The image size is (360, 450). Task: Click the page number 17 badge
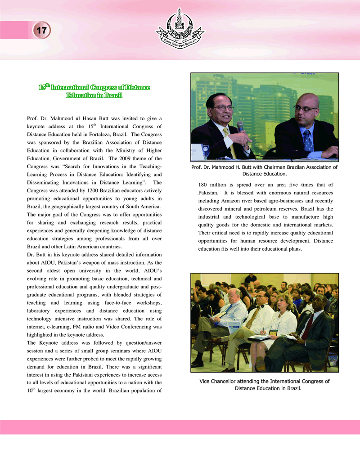pyautogui.click(x=41, y=31)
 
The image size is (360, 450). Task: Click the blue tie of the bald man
pyautogui.click(x=307, y=140)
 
